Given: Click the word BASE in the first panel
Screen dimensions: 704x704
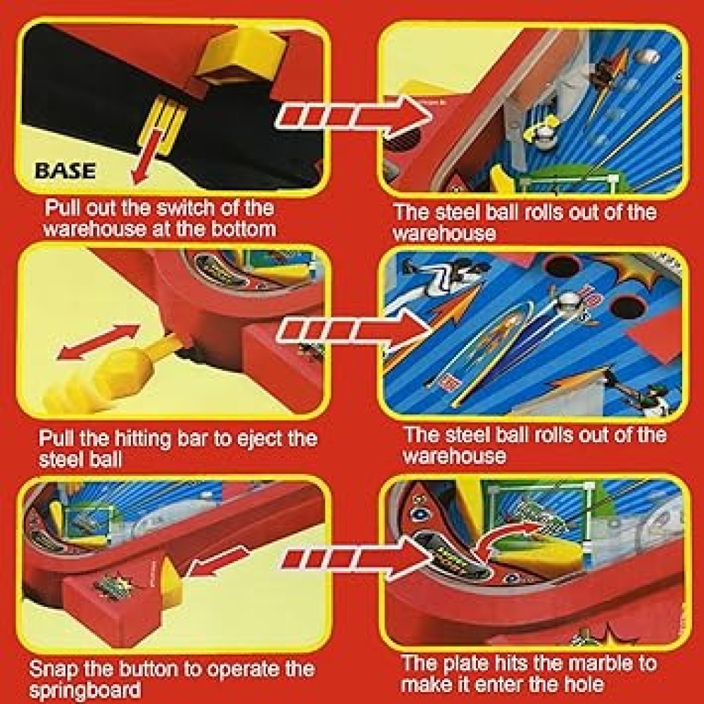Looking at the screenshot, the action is click(x=65, y=170).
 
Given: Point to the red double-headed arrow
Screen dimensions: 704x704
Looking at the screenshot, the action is click(x=99, y=341).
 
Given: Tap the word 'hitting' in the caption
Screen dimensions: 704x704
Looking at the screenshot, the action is click(x=143, y=439).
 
